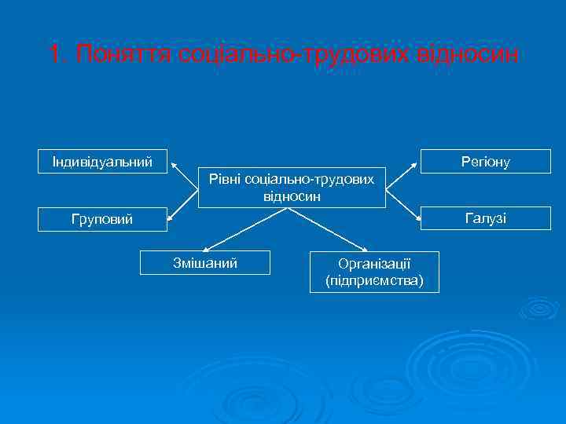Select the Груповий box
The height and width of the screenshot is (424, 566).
point(102,220)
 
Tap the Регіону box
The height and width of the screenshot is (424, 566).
point(485,161)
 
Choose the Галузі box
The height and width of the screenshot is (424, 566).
point(485,218)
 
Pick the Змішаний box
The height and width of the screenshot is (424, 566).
point(204,262)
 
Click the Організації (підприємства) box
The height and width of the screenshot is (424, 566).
point(373,272)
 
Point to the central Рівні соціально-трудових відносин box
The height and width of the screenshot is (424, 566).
point(292,187)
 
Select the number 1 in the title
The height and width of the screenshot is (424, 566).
point(53,55)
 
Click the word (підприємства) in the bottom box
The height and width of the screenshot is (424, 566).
point(373,280)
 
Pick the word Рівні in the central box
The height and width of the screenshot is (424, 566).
point(225,180)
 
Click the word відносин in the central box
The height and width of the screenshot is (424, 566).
point(292,196)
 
